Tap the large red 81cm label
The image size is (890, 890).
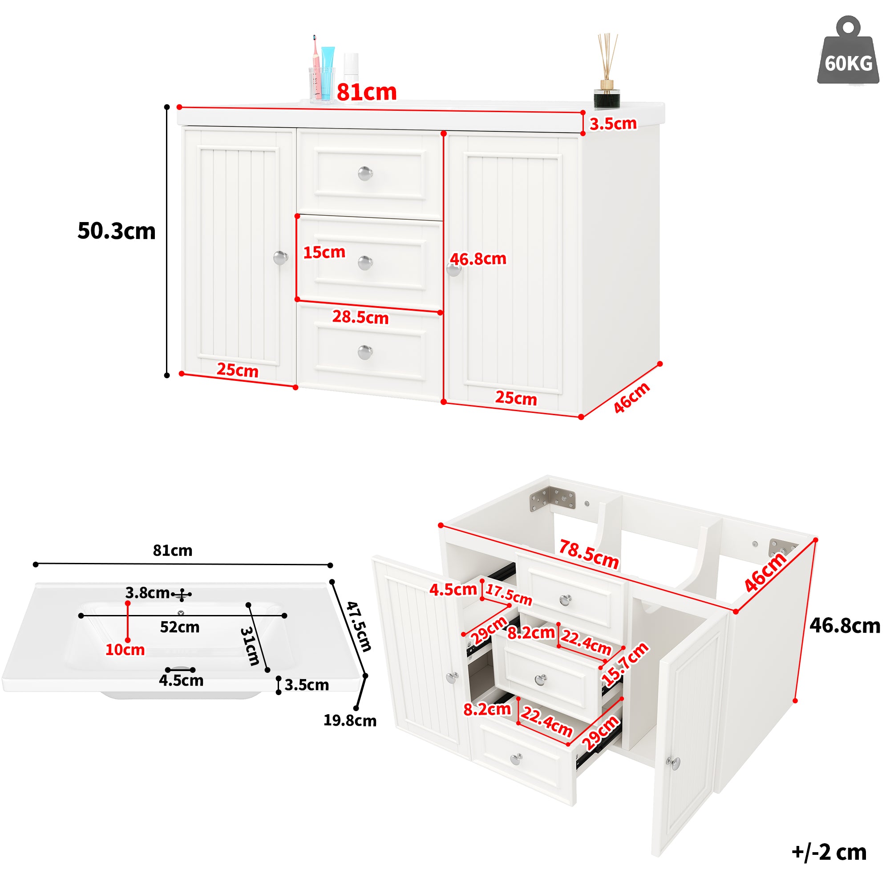[367, 92]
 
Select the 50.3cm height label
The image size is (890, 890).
[117, 231]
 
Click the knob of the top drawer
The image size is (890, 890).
[365, 174]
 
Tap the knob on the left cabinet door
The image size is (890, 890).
[280, 258]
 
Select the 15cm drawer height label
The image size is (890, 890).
[324, 252]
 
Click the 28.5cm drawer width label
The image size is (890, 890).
[360, 317]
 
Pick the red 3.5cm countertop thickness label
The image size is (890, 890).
[613, 123]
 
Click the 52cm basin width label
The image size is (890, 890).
[180, 627]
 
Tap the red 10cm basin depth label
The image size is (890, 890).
[125, 650]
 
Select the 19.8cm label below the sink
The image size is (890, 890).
[350, 720]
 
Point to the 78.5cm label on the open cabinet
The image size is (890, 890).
[588, 554]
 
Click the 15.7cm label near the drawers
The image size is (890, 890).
[625, 664]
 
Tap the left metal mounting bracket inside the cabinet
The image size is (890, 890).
[553, 499]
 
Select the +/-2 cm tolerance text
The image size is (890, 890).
[829, 852]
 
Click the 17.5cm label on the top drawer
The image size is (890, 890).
[509, 595]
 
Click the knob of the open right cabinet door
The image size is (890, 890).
[675, 763]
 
